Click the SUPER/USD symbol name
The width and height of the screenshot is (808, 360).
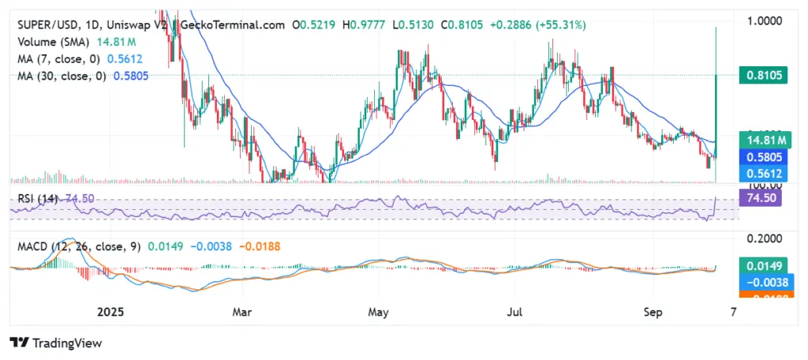pyautogui.click(x=46, y=24)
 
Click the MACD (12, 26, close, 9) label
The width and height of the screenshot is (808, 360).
pyautogui.click(x=79, y=246)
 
